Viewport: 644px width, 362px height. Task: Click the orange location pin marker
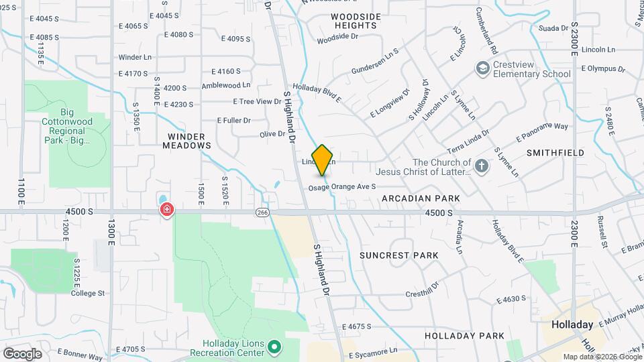tap(323, 160)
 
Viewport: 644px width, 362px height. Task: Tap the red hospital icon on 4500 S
tap(166, 210)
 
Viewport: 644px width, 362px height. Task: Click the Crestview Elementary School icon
tap(482, 68)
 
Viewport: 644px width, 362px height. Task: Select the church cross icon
tap(481, 165)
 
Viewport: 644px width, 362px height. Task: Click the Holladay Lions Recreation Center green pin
tap(274, 346)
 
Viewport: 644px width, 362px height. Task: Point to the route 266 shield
tap(261, 212)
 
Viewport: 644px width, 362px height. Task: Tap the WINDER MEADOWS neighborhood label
tap(185, 140)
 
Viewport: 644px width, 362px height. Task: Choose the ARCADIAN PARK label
tap(421, 198)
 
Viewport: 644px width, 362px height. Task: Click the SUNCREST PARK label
tap(398, 255)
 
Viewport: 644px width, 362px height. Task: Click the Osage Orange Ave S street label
tap(342, 188)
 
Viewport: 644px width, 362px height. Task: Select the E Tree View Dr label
tap(257, 101)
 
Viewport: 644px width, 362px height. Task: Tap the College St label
tap(88, 293)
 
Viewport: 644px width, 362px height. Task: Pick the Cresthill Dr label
tap(421, 290)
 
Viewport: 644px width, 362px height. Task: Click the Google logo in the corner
tap(22, 353)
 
